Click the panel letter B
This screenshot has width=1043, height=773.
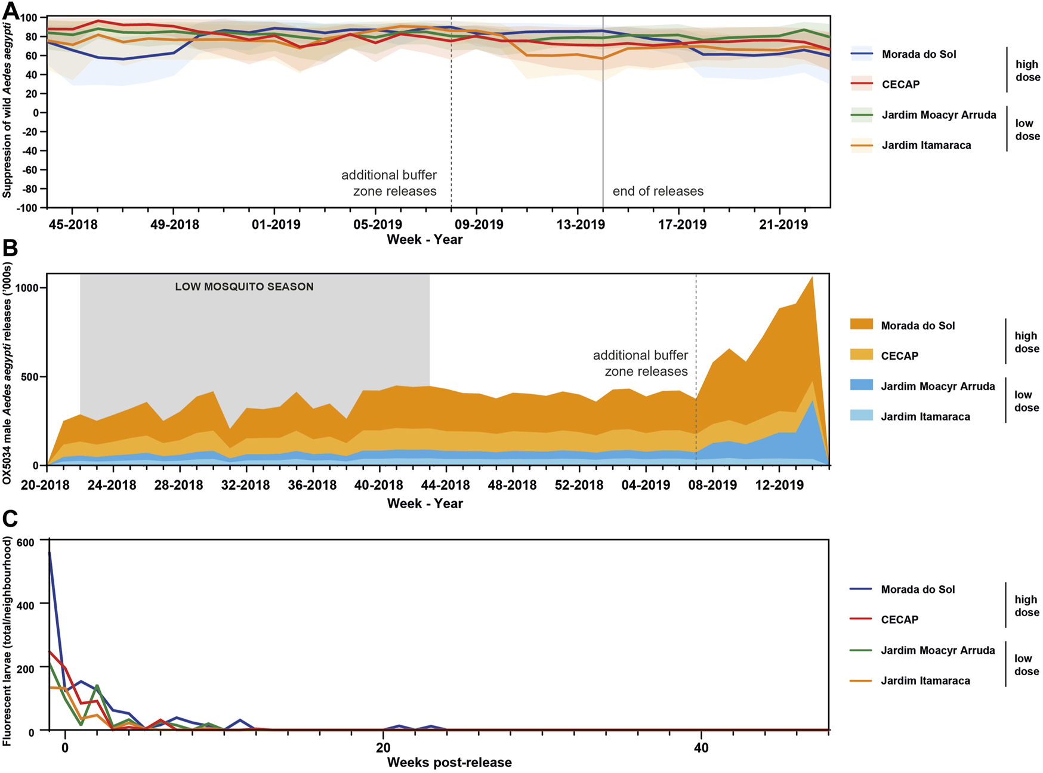click(x=10, y=248)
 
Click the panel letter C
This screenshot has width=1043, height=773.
click(x=10, y=519)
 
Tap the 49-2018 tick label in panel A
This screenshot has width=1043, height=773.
click(x=173, y=225)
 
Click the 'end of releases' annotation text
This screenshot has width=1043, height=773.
click(x=658, y=191)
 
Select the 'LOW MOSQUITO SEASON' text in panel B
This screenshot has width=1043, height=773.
click(x=244, y=287)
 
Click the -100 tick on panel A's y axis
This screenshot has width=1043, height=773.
click(x=28, y=208)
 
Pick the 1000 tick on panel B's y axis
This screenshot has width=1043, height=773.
click(x=27, y=287)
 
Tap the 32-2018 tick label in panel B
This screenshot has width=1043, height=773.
click(x=245, y=485)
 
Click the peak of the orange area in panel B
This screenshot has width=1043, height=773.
click(x=811, y=278)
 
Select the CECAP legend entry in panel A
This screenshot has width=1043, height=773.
click(x=900, y=85)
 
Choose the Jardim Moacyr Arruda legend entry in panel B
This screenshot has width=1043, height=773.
click(x=937, y=386)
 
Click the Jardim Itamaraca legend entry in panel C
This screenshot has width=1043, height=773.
click(x=925, y=681)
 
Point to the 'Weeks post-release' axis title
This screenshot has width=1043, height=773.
click(x=449, y=762)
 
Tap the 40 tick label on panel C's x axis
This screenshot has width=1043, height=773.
click(x=701, y=747)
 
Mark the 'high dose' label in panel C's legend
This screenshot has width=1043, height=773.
click(x=1026, y=606)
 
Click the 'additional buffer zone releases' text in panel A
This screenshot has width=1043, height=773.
click(x=389, y=183)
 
